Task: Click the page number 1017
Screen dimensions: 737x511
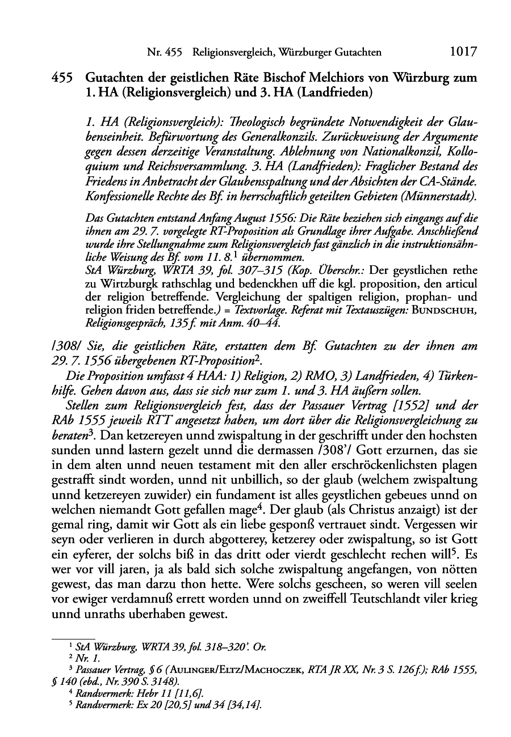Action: [x=462, y=52]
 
